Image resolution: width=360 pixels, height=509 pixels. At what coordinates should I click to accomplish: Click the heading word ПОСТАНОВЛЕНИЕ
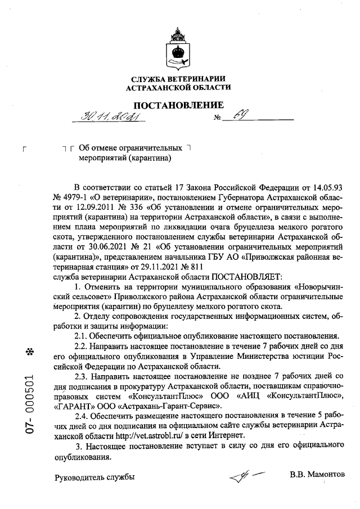(178, 105)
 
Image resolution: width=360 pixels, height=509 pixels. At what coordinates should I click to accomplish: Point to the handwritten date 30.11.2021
(105, 116)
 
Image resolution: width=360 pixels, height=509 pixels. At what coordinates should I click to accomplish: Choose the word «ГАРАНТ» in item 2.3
(74, 406)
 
